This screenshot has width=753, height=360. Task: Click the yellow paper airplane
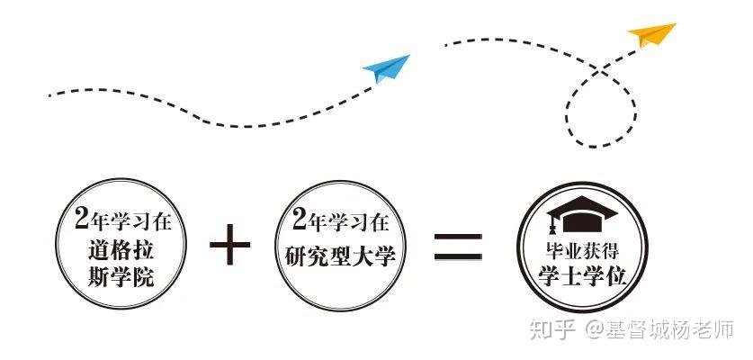652,36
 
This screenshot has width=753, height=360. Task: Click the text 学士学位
583,274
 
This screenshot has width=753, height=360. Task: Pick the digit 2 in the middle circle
300,220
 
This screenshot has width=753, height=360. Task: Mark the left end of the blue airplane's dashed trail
49,93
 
